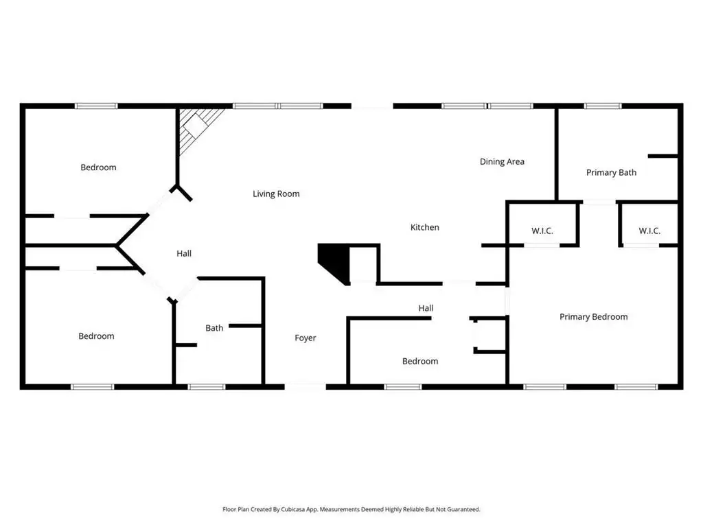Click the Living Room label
pos(276,194)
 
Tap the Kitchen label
pos(424,227)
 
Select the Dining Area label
pos(502,161)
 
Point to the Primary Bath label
pos(611,172)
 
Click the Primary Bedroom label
pos(593,317)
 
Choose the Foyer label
pos(306,338)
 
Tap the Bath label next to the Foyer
pos(214,328)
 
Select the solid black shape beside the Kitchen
pos(334,263)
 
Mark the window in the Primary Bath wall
pos(603,106)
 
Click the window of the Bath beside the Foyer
pos(206,387)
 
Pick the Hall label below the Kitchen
pos(426,308)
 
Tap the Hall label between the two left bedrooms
pos(184,253)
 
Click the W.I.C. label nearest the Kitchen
pos(542,231)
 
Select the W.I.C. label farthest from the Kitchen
pos(649,231)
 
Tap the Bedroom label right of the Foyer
pos(419,361)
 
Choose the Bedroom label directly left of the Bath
pos(96,336)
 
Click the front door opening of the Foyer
pos(306,386)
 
